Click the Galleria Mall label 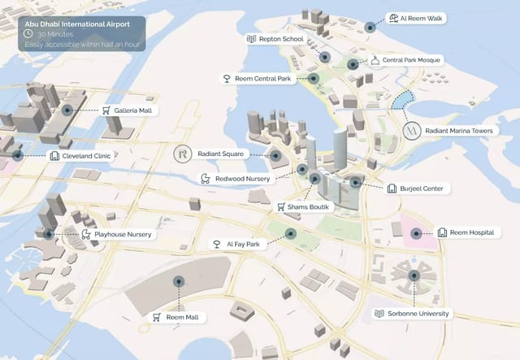(x=136, y=111)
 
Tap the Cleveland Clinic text (x=87, y=155)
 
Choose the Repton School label (x=281, y=38)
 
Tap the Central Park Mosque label (x=411, y=60)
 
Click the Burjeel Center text (x=421, y=189)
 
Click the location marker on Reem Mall (x=178, y=281)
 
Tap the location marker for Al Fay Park (x=290, y=234)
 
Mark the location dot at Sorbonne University (x=414, y=276)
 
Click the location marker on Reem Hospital (x=416, y=233)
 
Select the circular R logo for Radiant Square (x=183, y=154)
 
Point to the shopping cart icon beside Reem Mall (x=156, y=317)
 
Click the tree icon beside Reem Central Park (x=227, y=79)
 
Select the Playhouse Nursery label (x=123, y=234)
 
